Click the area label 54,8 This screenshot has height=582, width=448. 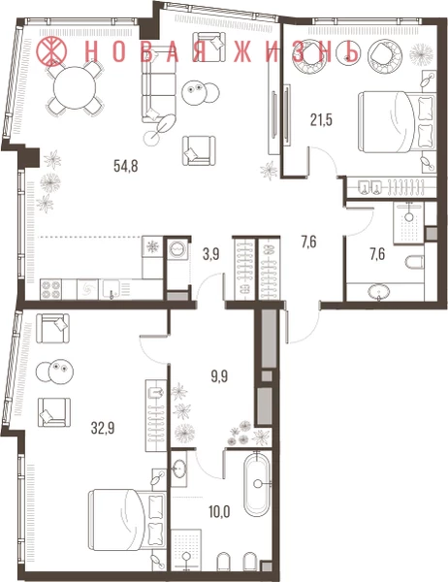tap(126, 166)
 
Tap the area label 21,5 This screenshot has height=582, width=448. tap(321, 120)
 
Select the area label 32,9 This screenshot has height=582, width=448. tap(103, 429)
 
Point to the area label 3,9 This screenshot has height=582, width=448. tap(211, 254)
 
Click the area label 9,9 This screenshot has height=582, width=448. tap(219, 376)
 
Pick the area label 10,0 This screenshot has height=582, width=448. tap(219, 512)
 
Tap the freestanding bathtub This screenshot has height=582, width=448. tap(256, 484)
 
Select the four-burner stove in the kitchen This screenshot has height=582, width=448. tap(50, 289)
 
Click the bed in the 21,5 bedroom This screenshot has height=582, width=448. tap(397, 122)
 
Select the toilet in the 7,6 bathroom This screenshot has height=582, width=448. tap(414, 263)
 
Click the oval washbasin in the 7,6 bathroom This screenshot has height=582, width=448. tap(379, 291)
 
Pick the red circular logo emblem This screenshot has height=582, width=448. tap(51, 50)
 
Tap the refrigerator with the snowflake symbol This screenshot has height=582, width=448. tap(152, 246)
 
